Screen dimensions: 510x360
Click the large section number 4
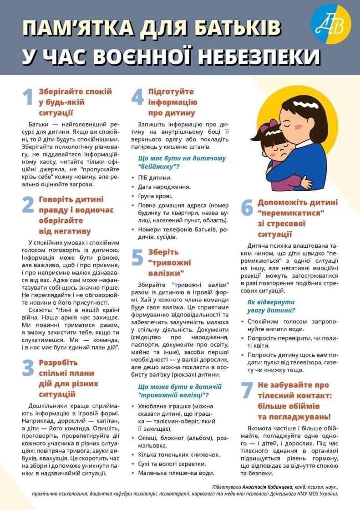tap(137, 97)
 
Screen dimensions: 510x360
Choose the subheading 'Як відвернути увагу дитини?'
tap(271, 306)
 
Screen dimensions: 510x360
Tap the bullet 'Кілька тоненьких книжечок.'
tap(175, 454)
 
